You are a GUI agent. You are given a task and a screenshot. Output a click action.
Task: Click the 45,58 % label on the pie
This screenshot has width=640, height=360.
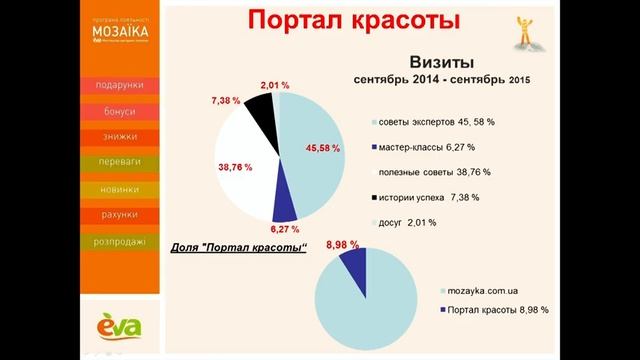(325, 150)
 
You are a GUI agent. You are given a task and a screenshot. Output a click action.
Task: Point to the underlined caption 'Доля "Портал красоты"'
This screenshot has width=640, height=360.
(233, 248)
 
